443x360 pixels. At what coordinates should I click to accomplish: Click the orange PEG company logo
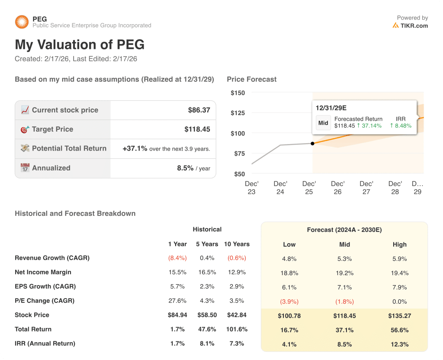22,22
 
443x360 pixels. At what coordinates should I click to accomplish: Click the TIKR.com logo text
414,26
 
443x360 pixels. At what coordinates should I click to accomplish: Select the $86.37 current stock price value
199,110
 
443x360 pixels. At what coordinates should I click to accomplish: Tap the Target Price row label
52,129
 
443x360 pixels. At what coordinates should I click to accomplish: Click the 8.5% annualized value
185,168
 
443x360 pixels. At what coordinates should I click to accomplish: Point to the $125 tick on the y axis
238,113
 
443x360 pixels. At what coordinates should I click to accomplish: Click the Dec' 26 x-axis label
337,188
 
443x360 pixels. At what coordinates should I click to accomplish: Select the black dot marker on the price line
313,143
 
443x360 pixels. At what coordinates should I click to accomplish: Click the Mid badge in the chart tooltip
323,123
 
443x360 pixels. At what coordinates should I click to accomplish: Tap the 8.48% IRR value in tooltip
401,126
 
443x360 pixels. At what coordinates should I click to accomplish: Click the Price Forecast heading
252,80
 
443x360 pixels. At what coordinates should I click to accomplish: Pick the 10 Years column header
237,244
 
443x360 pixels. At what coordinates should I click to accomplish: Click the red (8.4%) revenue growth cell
177,258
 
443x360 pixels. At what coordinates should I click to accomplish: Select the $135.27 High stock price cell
399,316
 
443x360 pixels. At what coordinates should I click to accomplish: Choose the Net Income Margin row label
43,273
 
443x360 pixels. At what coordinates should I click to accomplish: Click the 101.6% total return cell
237,330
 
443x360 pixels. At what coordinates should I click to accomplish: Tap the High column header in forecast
399,244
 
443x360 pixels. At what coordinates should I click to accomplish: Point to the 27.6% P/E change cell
177,301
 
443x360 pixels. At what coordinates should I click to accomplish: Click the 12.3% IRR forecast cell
399,345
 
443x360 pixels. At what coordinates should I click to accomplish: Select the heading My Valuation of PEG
80,45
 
